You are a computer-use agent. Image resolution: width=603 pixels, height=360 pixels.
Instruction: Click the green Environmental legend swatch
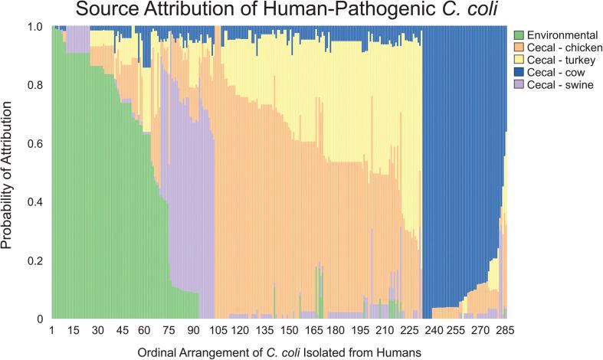tap(518, 34)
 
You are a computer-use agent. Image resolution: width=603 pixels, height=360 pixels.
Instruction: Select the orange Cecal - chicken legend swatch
tap(518, 47)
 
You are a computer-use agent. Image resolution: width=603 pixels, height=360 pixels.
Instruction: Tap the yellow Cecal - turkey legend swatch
tap(518, 61)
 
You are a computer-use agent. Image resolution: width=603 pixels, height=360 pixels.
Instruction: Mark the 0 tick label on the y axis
tap(41, 318)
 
